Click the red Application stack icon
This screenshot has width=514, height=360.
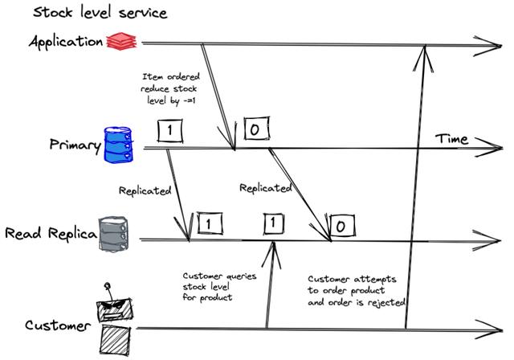pyautogui.click(x=121, y=41)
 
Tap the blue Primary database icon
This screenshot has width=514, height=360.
pyautogui.click(x=118, y=145)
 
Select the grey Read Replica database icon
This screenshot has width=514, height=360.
pyautogui.click(x=113, y=234)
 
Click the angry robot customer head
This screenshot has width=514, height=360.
pyautogui.click(x=114, y=309)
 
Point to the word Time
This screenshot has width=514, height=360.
pyautogui.click(x=451, y=139)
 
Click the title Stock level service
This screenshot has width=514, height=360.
pyautogui.click(x=100, y=13)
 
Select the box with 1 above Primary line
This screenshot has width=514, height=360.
pyautogui.click(x=169, y=130)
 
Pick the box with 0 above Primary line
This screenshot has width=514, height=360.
pyautogui.click(x=257, y=129)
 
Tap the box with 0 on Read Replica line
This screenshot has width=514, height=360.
pyautogui.click(x=342, y=226)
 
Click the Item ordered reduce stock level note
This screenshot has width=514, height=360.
pyautogui.click(x=169, y=89)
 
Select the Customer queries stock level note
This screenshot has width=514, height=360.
pyautogui.click(x=219, y=287)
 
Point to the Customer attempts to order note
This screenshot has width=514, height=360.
pyautogui.click(x=357, y=291)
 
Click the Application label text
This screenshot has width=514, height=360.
pyautogui.click(x=66, y=42)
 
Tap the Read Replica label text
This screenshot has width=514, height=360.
pyautogui.click(x=51, y=234)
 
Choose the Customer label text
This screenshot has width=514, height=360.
pyautogui.click(x=58, y=325)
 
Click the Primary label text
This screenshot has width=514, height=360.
pyautogui.click(x=75, y=145)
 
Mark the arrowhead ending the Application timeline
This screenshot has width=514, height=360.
pyautogui.click(x=500, y=46)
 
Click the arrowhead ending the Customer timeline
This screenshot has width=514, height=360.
pyautogui.click(x=501, y=329)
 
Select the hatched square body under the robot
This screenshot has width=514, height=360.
pyautogui.click(x=115, y=340)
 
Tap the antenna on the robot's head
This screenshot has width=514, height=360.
pyautogui.click(x=108, y=291)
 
